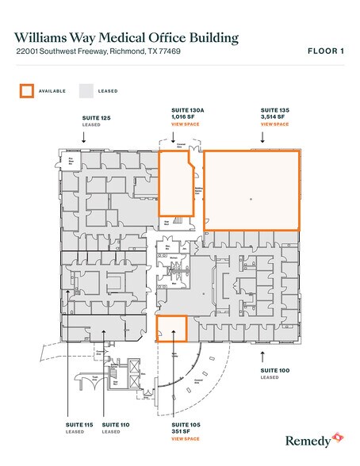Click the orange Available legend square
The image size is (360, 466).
click(x=26, y=90)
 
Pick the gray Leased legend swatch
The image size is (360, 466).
click(x=86, y=90)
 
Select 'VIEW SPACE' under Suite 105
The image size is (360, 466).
click(x=185, y=438)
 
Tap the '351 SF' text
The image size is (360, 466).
click(x=182, y=432)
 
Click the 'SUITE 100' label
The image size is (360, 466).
click(x=276, y=370)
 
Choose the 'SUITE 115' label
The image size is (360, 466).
click(x=79, y=426)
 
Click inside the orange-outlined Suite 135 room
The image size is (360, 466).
click(x=251, y=189)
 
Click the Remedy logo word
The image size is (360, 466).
click(x=304, y=438)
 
